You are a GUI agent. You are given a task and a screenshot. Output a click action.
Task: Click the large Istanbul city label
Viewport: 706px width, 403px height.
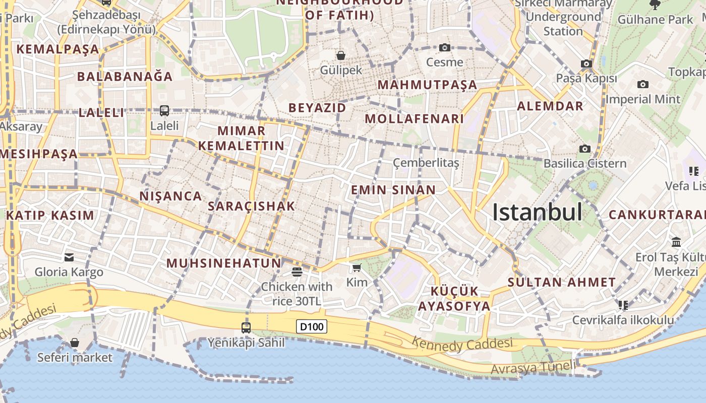coord(537,212)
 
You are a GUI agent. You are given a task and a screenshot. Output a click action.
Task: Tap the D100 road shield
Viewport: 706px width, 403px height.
coord(311,326)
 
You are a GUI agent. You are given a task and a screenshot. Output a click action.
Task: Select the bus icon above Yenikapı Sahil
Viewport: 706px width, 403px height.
coord(246,328)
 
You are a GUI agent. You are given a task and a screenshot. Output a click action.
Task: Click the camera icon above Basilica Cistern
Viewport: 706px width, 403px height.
coord(585,149)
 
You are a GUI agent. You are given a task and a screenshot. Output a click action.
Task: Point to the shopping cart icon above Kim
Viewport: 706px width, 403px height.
coord(357,267)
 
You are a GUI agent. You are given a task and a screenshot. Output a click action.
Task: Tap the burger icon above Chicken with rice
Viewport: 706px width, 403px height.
coord(297,272)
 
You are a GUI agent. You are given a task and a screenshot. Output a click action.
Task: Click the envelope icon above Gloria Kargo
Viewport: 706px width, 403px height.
coord(69,257)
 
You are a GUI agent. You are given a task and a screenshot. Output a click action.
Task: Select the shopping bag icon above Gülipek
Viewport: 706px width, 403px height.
coord(341,55)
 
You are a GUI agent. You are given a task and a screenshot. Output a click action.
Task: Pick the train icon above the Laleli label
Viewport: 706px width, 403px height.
coord(164,110)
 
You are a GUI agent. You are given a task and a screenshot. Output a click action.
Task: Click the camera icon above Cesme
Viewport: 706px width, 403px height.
coord(444,48)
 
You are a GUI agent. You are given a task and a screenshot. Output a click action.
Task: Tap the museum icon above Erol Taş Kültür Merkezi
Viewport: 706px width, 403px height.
coord(676,242)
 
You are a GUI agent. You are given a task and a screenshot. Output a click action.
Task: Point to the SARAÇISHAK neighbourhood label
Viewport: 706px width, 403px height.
coord(251,206)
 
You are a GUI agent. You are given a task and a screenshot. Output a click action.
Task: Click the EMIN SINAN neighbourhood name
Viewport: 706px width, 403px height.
coord(393,190)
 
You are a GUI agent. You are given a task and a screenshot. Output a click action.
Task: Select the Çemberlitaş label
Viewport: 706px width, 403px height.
coord(426,163)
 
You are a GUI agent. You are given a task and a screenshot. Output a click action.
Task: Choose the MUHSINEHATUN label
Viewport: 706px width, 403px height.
coord(223,263)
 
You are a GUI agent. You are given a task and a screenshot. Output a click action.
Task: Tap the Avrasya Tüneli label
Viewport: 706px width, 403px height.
coord(533,368)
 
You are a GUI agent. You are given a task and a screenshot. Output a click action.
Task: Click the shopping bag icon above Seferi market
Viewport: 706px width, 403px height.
coord(75,343)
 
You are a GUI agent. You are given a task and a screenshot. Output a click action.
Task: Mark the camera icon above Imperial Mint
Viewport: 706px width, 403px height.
coord(642,84)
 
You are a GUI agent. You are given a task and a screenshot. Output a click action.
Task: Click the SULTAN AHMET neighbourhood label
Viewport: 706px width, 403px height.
coord(562,282)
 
